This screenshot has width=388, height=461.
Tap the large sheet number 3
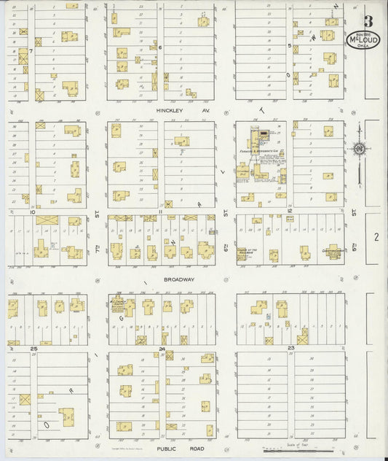(370, 18)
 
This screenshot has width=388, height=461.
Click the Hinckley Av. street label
(172, 110)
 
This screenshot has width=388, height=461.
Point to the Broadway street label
(178, 279)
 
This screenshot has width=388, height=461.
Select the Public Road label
(172, 452)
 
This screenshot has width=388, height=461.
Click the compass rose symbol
(358, 148)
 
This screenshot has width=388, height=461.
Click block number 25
(33, 349)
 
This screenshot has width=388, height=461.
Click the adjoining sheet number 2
(376, 237)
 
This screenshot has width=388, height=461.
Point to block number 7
(32, 52)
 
